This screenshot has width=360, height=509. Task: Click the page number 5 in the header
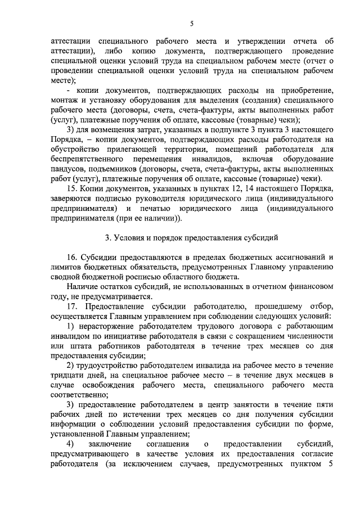(x=191, y=23)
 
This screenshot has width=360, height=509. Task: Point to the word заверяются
(x=71, y=198)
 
